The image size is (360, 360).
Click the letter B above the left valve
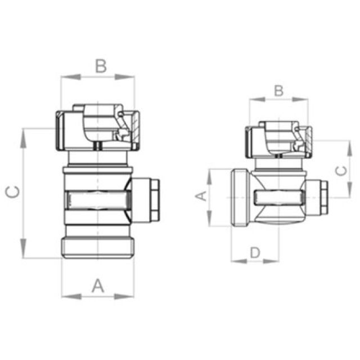pos(100,66)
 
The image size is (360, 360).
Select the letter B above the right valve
pos(278,90)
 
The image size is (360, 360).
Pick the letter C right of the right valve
pos(341,170)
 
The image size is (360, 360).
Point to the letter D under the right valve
pos(255,253)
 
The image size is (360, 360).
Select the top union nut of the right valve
pos(278,139)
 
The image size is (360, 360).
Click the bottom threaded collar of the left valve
pos(98,248)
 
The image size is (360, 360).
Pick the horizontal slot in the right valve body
pos(279,197)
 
